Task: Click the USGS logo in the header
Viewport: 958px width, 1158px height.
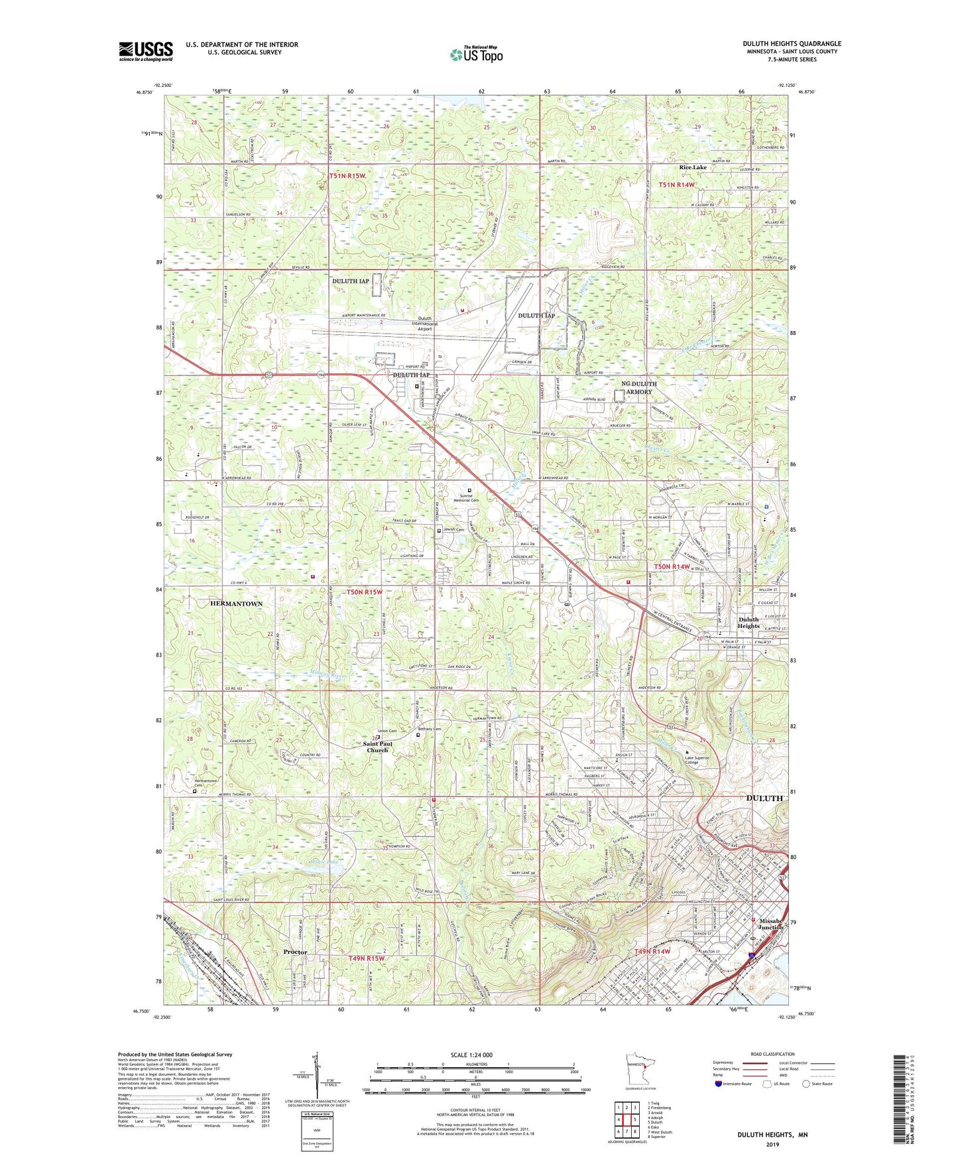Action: click(145, 51)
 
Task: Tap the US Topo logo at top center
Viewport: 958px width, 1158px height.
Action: click(476, 54)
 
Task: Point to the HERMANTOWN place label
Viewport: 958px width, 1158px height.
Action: click(236, 604)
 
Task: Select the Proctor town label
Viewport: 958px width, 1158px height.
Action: click(295, 952)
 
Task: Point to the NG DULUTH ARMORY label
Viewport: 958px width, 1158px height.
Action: click(638, 388)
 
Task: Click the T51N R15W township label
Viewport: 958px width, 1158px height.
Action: click(347, 176)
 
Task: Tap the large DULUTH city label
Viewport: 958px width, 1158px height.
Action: click(764, 798)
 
